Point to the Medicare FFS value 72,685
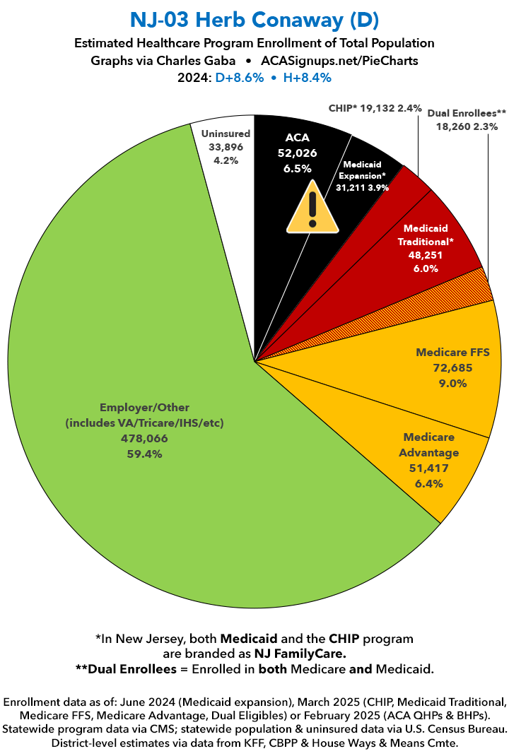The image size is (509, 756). point(452,367)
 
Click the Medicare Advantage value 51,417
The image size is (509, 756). point(428,468)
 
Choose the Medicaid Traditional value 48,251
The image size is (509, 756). point(430,255)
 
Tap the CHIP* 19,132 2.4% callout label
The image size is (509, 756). point(375,109)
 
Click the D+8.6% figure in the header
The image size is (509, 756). point(233,78)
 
